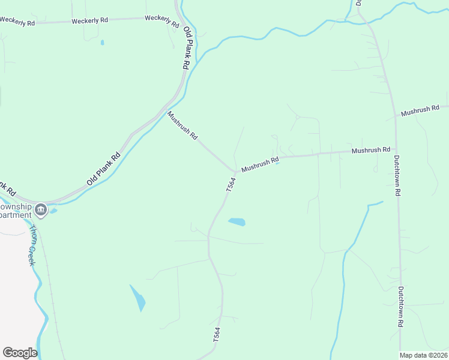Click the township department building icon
click(x=41, y=209)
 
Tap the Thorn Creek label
click(x=32, y=245)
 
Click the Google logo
click(x=20, y=353)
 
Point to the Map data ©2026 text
click(x=423, y=355)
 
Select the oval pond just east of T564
click(x=237, y=222)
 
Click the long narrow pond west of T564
click(x=137, y=298)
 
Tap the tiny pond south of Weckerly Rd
click(x=102, y=43)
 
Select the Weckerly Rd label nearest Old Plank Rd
click(x=162, y=22)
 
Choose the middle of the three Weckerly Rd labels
click(x=89, y=20)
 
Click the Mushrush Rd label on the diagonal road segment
click(x=182, y=125)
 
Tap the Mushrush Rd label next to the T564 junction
click(x=260, y=165)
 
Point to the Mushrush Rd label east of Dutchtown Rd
click(x=420, y=111)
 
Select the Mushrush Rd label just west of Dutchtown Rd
click(x=371, y=149)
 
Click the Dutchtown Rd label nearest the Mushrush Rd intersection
click(x=397, y=176)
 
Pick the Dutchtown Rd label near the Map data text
click(x=400, y=306)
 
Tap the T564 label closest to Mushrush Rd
click(x=231, y=184)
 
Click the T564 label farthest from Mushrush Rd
click(x=217, y=335)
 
